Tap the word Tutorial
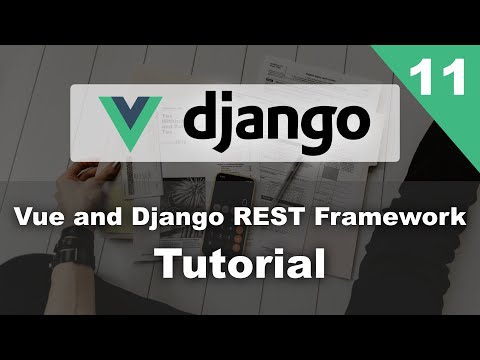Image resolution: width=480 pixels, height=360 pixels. (x=240, y=264)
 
